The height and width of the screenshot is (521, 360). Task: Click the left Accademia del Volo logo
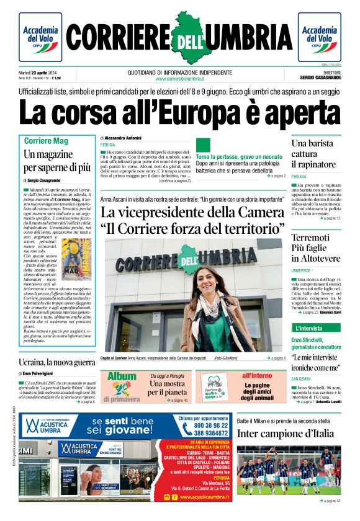point(40,37)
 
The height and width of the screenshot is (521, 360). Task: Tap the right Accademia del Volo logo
point(320,37)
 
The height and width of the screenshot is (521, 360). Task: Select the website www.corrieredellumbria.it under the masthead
point(180,79)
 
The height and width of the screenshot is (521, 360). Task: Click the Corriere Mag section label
point(47,141)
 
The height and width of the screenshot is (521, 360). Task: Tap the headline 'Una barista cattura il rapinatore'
point(314,154)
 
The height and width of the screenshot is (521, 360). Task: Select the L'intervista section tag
point(308,328)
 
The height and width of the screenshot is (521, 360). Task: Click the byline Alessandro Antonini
point(123,137)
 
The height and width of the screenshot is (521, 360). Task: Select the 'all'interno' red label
point(257,376)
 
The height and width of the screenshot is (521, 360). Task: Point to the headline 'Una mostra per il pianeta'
point(168,388)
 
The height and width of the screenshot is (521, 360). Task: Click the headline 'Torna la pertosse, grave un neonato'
point(240,157)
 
